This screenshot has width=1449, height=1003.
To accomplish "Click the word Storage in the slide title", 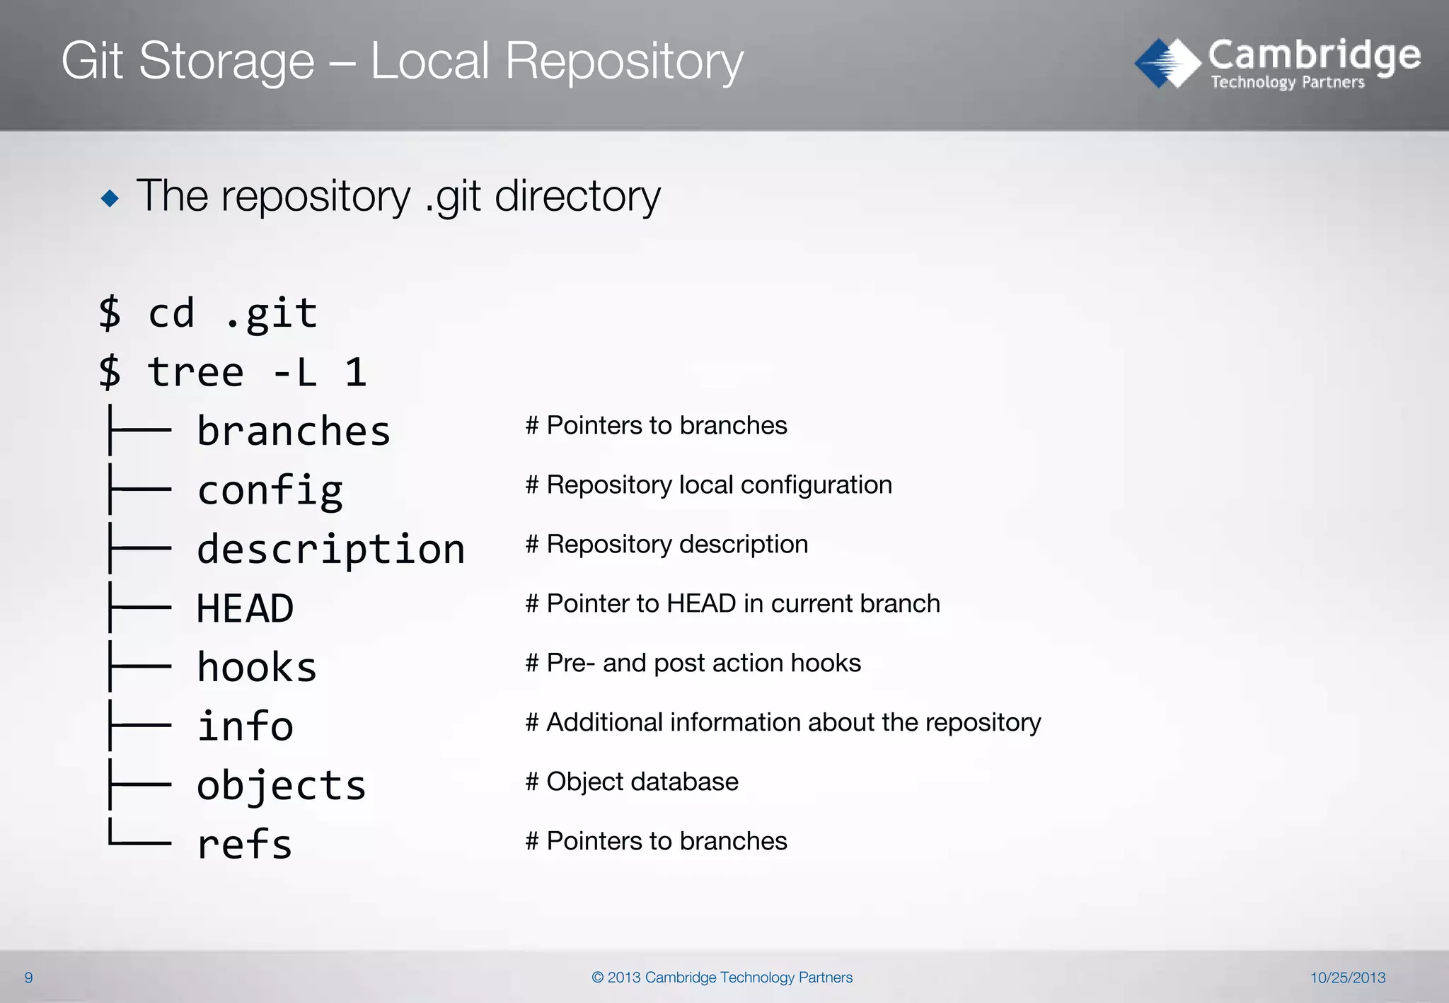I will [x=226, y=62].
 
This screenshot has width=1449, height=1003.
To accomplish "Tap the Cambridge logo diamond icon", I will [x=1167, y=63].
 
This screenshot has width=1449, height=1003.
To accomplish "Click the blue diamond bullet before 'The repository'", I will [x=110, y=198].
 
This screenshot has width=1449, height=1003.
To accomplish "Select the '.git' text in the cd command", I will [x=271, y=313].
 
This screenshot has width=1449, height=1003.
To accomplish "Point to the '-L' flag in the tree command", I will [x=294, y=372].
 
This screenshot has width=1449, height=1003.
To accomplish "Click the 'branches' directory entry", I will [x=293, y=431].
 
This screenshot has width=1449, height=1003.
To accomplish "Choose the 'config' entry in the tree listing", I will [x=270, y=490].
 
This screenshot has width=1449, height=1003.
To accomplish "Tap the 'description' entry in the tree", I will [x=330, y=550].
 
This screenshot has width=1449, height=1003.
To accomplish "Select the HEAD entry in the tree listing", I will [x=245, y=608].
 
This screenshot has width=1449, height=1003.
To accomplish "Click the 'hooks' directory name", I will [x=257, y=668].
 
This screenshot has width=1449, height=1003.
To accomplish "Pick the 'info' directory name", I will [x=245, y=726].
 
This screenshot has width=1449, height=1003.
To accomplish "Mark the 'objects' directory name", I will [x=281, y=786].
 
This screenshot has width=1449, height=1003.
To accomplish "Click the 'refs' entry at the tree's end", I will [x=245, y=845].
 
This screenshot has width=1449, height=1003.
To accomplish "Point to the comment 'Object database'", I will [x=642, y=782].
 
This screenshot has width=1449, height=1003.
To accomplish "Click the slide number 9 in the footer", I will [x=28, y=978].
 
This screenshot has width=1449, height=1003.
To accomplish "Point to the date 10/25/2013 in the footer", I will [x=1347, y=978].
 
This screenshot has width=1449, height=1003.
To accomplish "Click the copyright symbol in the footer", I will [x=598, y=978].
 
